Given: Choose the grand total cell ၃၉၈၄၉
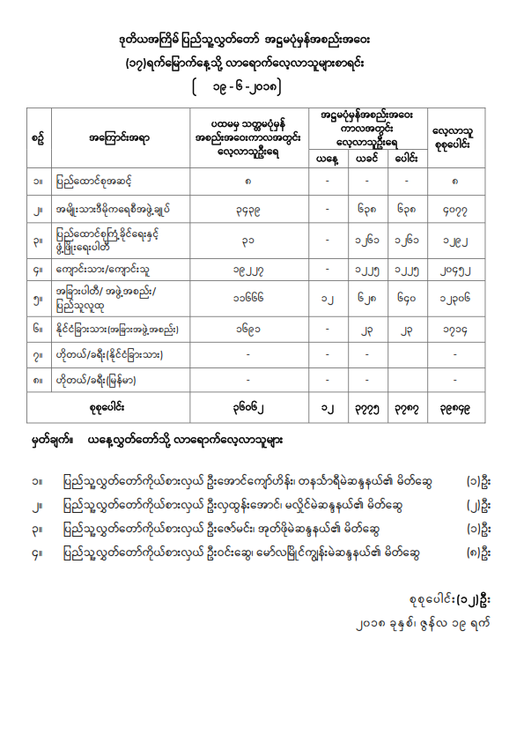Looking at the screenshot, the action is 454,408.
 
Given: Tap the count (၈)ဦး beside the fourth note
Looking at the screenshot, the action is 478,553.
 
